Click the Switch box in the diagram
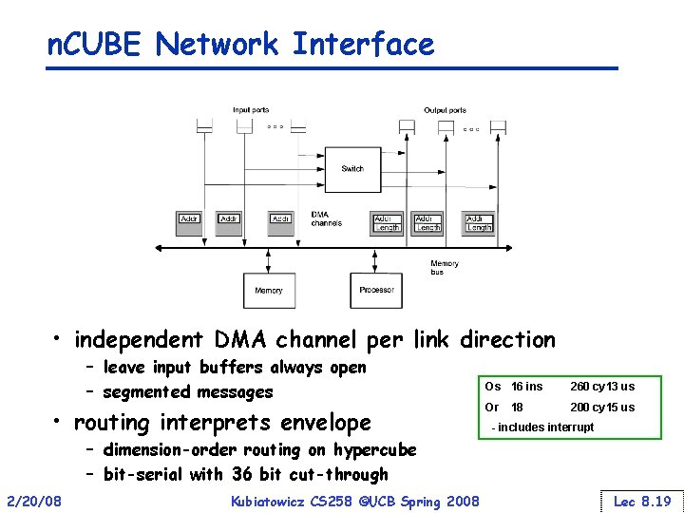tap(352, 169)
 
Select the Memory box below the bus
tap(269, 290)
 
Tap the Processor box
tap(376, 290)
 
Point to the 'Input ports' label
tap(251, 110)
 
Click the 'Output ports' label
tap(445, 110)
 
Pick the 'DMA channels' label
tap(326, 218)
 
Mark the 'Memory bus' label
tap(444, 267)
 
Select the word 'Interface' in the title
tap(363, 44)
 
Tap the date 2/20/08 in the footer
tap(34, 501)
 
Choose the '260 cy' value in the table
tap(587, 387)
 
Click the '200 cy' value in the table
tap(587, 407)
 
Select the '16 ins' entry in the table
tap(527, 387)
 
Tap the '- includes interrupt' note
tap(542, 427)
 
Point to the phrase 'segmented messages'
tap(187, 391)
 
